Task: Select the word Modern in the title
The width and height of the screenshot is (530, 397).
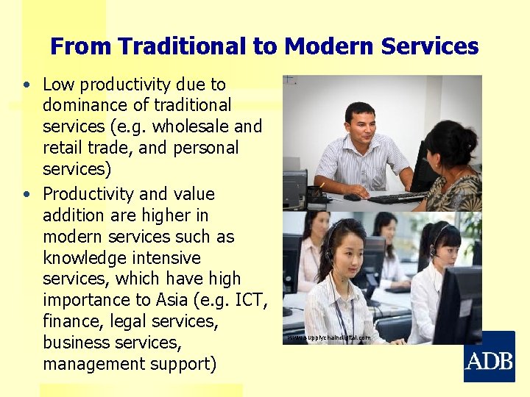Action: tap(322, 47)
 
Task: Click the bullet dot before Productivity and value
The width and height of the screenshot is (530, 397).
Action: tap(26, 195)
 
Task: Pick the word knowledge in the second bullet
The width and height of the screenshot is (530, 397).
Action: tap(85, 258)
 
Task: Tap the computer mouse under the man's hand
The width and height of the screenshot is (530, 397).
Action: tap(353, 197)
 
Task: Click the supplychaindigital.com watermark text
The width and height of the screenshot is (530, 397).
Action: tap(329, 337)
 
